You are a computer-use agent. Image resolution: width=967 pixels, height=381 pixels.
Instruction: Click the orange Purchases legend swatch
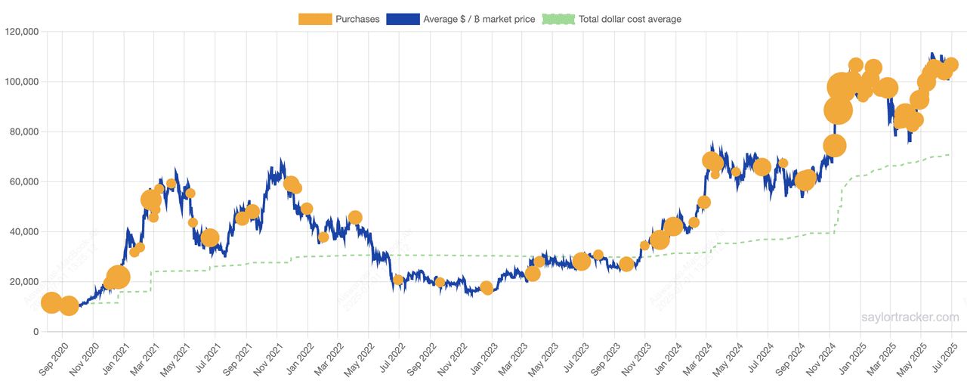click(315, 19)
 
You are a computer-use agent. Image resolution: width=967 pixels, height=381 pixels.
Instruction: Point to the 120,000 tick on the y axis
click(22, 32)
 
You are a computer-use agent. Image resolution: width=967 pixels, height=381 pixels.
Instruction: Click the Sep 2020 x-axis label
click(54, 358)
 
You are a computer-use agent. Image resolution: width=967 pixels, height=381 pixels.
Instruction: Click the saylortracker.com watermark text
click(910, 317)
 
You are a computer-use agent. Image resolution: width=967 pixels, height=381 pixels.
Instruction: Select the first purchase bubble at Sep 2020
click(51, 302)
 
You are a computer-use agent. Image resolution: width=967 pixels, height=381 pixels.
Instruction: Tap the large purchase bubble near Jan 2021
click(118, 277)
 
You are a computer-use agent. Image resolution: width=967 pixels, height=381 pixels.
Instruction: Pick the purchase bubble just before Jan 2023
click(487, 288)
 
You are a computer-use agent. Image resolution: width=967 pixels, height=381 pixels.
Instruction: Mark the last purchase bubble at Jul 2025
click(950, 65)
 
